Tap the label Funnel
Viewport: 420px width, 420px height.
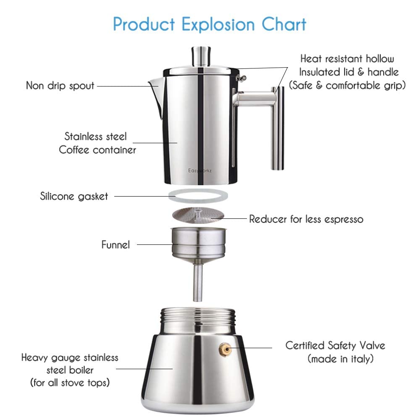coord(115,244)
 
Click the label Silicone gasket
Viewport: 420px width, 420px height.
coord(74,196)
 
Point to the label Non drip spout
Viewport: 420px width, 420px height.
coord(60,86)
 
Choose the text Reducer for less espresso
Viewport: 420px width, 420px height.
coord(306,219)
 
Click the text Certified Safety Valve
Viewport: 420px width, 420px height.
coord(335,346)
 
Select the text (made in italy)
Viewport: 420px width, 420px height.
coord(341,359)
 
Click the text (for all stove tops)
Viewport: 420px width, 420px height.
coord(69,383)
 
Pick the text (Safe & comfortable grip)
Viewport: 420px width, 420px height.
coord(347,86)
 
